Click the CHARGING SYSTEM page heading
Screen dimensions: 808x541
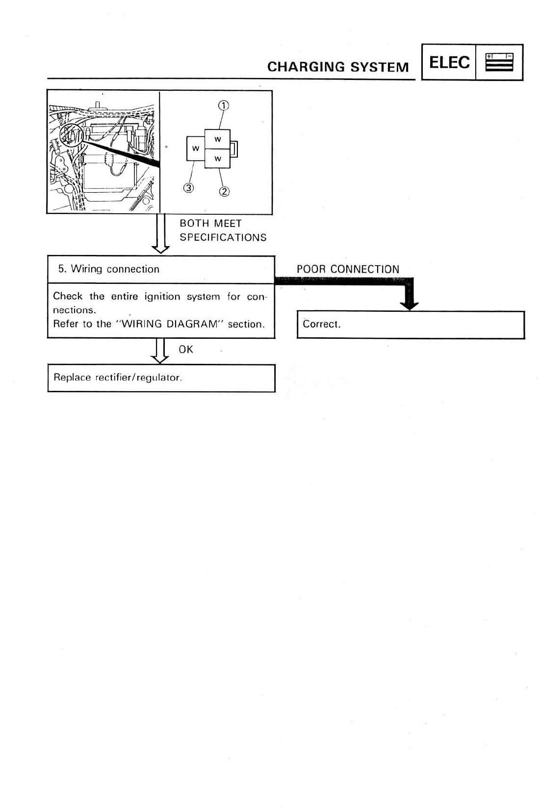pyautogui.click(x=337, y=67)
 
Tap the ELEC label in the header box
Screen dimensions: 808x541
pyautogui.click(x=449, y=63)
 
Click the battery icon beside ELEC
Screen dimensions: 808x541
pyautogui.click(x=499, y=63)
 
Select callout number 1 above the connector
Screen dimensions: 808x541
pyautogui.click(x=224, y=105)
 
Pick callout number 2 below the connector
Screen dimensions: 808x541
pyautogui.click(x=224, y=191)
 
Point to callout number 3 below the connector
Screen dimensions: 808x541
pyautogui.click(x=188, y=187)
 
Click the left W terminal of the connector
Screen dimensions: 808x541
pyautogui.click(x=195, y=149)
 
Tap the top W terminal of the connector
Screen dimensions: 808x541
pyautogui.click(x=217, y=140)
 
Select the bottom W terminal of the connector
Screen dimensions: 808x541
pyautogui.click(x=217, y=159)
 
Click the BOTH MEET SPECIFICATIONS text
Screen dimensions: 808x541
pyautogui.click(x=222, y=230)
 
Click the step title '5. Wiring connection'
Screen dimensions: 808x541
pyautogui.click(x=109, y=269)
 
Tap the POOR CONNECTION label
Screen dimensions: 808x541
pyautogui.click(x=348, y=269)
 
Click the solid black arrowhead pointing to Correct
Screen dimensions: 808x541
pyautogui.click(x=409, y=305)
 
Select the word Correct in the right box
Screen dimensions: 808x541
pyautogui.click(x=321, y=324)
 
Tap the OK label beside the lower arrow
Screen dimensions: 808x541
pyautogui.click(x=185, y=350)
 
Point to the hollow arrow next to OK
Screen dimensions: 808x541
pyautogui.click(x=160, y=352)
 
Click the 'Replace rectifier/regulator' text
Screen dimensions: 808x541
pyautogui.click(x=117, y=378)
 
